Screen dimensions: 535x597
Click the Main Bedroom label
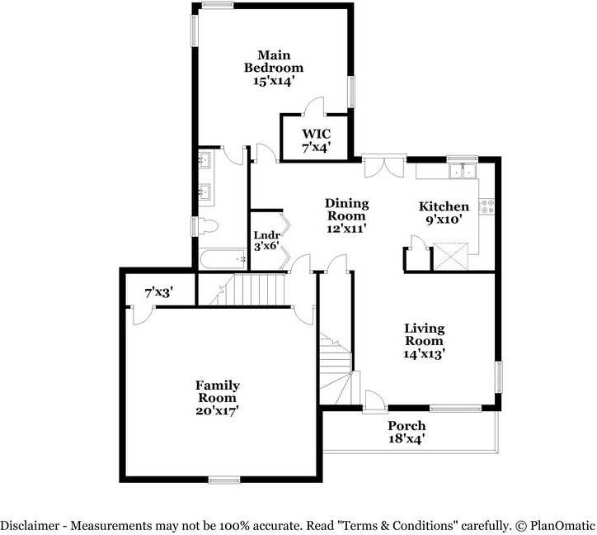pos(273,61)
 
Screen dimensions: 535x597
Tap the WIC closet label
pos(315,134)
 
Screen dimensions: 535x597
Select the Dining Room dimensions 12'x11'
pos(346,227)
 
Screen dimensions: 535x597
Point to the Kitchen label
pos(444,206)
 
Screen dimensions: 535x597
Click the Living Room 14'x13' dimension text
pos(424,353)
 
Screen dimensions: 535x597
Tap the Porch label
pos(407,426)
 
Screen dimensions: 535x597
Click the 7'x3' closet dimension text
pos(158,292)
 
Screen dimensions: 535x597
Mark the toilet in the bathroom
pos(207,225)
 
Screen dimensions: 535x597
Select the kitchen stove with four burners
pos(487,206)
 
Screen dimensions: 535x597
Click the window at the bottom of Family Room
pos(223,479)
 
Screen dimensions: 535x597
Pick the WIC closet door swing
pos(314,107)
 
